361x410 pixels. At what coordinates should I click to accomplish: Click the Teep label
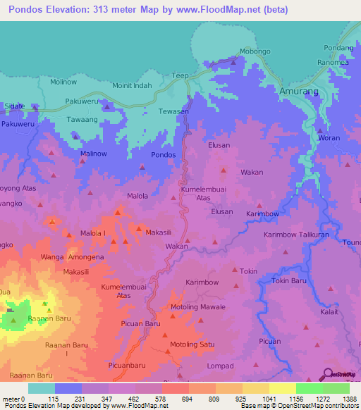(x=200, y=75)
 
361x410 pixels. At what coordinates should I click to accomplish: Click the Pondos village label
(x=164, y=154)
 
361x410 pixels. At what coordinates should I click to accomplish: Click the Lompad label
(x=219, y=366)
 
